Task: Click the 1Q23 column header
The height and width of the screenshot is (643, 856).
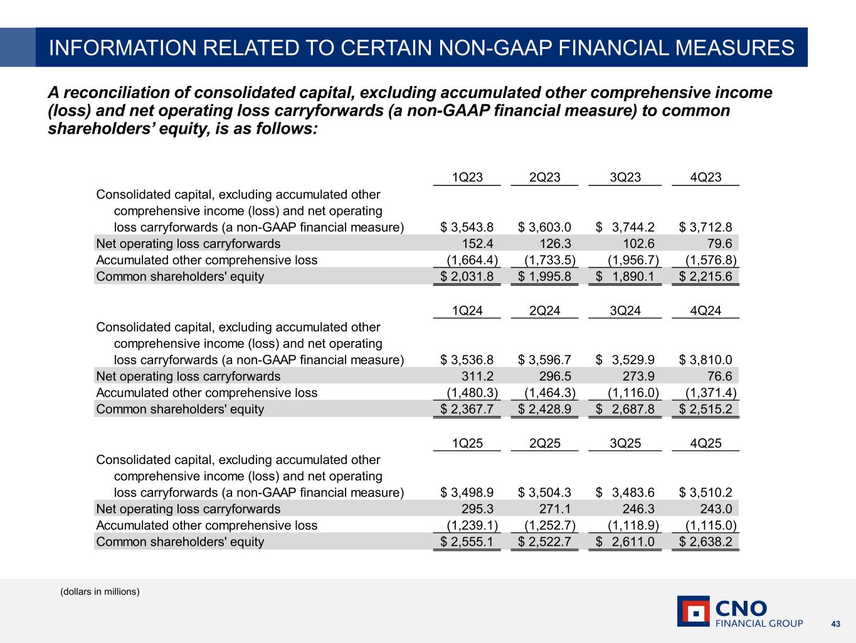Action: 467,177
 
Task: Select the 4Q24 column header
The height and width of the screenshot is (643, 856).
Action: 705,310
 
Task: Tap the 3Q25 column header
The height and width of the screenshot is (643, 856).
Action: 625,443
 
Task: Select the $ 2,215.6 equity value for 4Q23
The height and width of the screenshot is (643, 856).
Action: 705,276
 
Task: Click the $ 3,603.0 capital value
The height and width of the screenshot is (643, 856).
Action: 544,227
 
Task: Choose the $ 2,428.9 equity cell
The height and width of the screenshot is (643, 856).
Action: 544,409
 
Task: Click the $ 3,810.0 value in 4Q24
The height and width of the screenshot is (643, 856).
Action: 705,360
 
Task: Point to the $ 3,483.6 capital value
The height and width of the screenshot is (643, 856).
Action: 625,493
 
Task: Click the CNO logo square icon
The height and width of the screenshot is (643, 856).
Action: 693,611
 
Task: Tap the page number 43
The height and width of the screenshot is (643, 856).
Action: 835,624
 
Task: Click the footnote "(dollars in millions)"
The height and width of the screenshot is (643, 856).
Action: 100,592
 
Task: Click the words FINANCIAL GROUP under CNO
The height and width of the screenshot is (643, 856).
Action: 759,624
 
